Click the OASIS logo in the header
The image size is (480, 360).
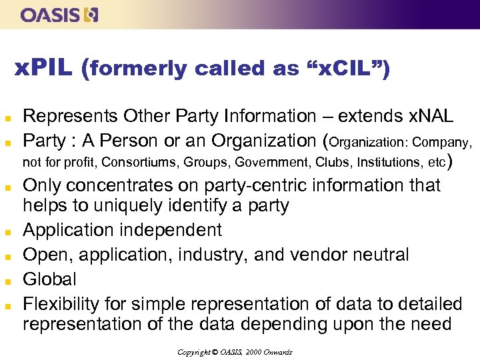point(59,15)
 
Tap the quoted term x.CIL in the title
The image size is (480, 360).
point(347,68)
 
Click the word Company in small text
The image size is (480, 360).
point(444,142)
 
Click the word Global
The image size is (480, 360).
point(50,279)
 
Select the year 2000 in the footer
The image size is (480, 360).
point(253,351)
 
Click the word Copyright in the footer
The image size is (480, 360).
point(193,351)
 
